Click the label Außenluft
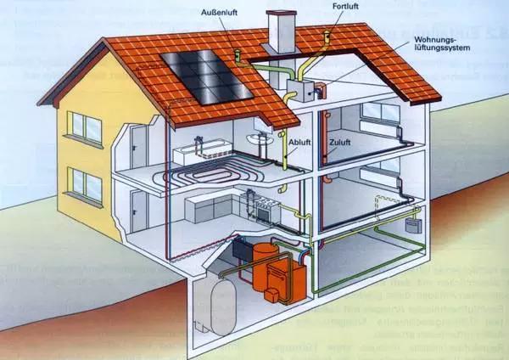click(219, 13)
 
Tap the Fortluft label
click(345, 6)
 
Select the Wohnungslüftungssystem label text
click(442, 43)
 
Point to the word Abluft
click(299, 143)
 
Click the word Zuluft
click(340, 143)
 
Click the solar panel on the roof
click(206, 76)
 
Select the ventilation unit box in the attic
click(300, 91)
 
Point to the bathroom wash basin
click(260, 138)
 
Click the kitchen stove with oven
click(268, 211)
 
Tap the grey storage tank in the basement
click(223, 307)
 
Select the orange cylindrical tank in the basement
click(264, 265)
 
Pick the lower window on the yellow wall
click(85, 186)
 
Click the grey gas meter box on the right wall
click(413, 226)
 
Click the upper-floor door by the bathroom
click(138, 147)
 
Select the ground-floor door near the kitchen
click(139, 211)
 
